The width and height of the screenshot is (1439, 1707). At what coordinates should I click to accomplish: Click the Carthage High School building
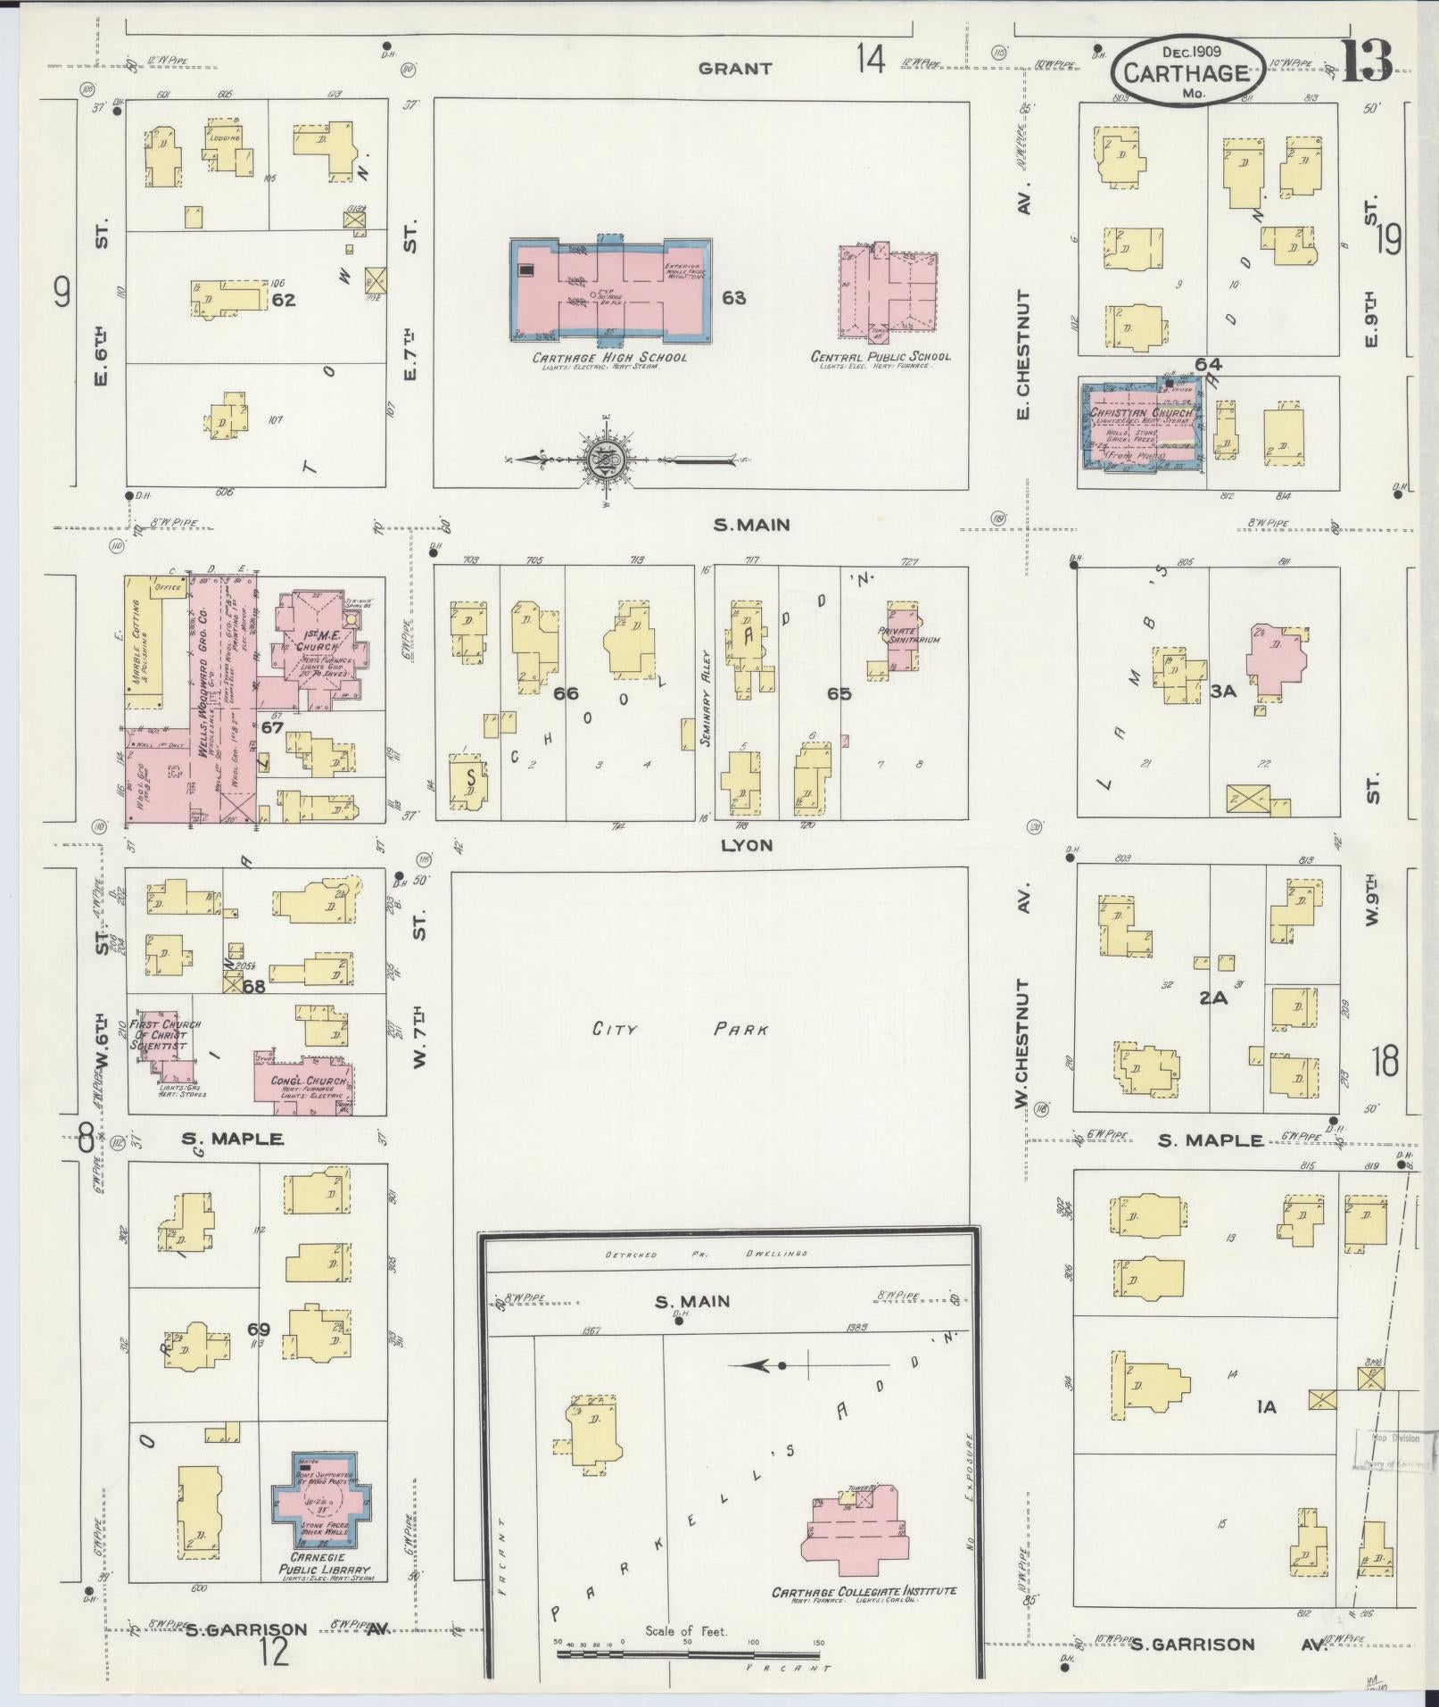[x=611, y=290]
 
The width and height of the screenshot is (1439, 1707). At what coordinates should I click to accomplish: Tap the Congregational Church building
[x=306, y=1082]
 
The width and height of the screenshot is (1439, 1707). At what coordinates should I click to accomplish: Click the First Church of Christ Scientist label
[x=166, y=1034]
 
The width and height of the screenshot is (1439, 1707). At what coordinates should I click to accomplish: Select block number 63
[x=734, y=298]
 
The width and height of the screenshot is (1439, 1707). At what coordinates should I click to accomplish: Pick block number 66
[x=566, y=694]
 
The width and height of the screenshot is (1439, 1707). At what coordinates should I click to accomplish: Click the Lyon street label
[x=748, y=844]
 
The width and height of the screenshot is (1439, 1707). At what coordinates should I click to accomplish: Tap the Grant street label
[x=735, y=68]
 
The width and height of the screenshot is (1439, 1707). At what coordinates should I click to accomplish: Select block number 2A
[x=1212, y=999]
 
